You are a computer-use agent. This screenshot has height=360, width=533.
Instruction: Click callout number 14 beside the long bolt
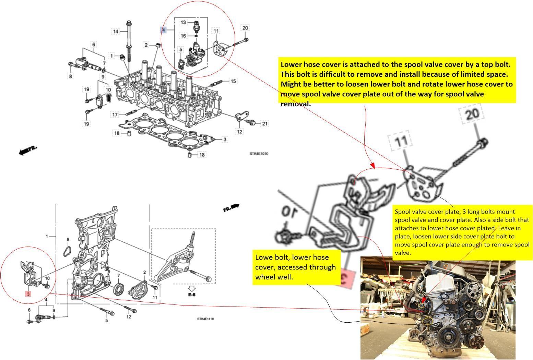[116, 32]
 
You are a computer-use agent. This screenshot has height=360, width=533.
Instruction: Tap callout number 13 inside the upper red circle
[183, 22]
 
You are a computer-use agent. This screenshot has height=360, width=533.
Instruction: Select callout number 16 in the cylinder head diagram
[183, 36]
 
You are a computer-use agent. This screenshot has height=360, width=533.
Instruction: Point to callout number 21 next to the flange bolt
[265, 123]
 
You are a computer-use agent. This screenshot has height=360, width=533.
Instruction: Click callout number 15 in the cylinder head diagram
[233, 81]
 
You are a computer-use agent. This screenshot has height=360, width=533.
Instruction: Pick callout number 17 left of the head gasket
[115, 115]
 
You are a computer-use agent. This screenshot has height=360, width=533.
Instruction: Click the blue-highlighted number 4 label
[164, 30]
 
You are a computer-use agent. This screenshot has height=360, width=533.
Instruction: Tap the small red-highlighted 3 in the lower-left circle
[28, 294]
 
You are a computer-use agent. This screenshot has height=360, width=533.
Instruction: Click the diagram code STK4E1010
[259, 154]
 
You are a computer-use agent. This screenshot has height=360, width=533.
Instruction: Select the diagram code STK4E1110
[205, 319]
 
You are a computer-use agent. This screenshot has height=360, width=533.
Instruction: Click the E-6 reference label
[191, 295]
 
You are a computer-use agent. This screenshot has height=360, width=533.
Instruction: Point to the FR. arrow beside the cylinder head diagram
[27, 150]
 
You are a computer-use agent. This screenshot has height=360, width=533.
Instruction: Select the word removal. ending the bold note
[296, 104]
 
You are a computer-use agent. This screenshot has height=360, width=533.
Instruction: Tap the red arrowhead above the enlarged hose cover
[373, 166]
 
